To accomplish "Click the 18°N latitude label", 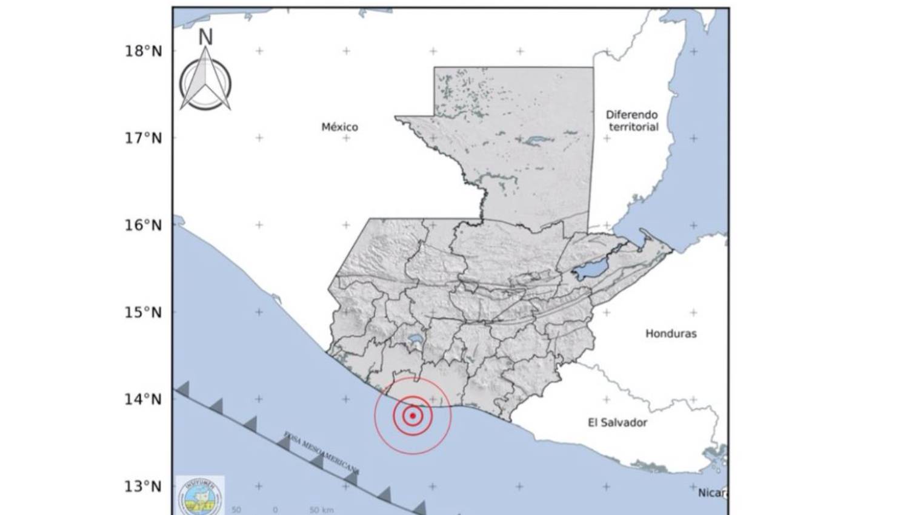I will (144, 51).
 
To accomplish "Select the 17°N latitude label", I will (144, 138).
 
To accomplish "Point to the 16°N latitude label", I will (144, 226).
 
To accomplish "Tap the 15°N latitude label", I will (144, 312).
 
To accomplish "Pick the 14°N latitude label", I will (144, 399).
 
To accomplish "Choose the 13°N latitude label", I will (144, 486).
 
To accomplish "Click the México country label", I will (339, 127).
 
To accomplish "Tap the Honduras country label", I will (671, 334).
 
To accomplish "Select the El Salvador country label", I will (618, 423).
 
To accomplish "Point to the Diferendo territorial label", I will (632, 121).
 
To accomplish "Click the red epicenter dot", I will (413, 416).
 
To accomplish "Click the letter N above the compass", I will (205, 37).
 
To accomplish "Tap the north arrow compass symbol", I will (205, 82).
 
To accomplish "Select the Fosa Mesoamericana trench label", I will (321, 453).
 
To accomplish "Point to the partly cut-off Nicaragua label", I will (713, 493).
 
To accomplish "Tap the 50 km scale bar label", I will (321, 510).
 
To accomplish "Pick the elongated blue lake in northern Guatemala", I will (536, 140).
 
